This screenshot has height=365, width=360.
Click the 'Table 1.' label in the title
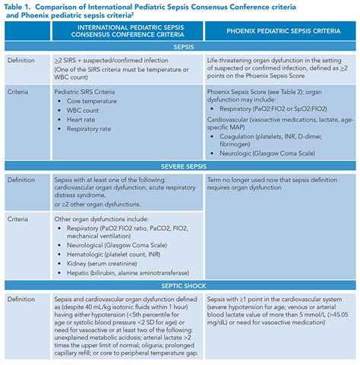[21, 6]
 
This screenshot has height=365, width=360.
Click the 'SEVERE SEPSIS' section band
[180, 165]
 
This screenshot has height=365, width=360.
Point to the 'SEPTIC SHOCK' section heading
[180, 285]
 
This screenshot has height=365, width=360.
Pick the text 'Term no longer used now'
[251, 178]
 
